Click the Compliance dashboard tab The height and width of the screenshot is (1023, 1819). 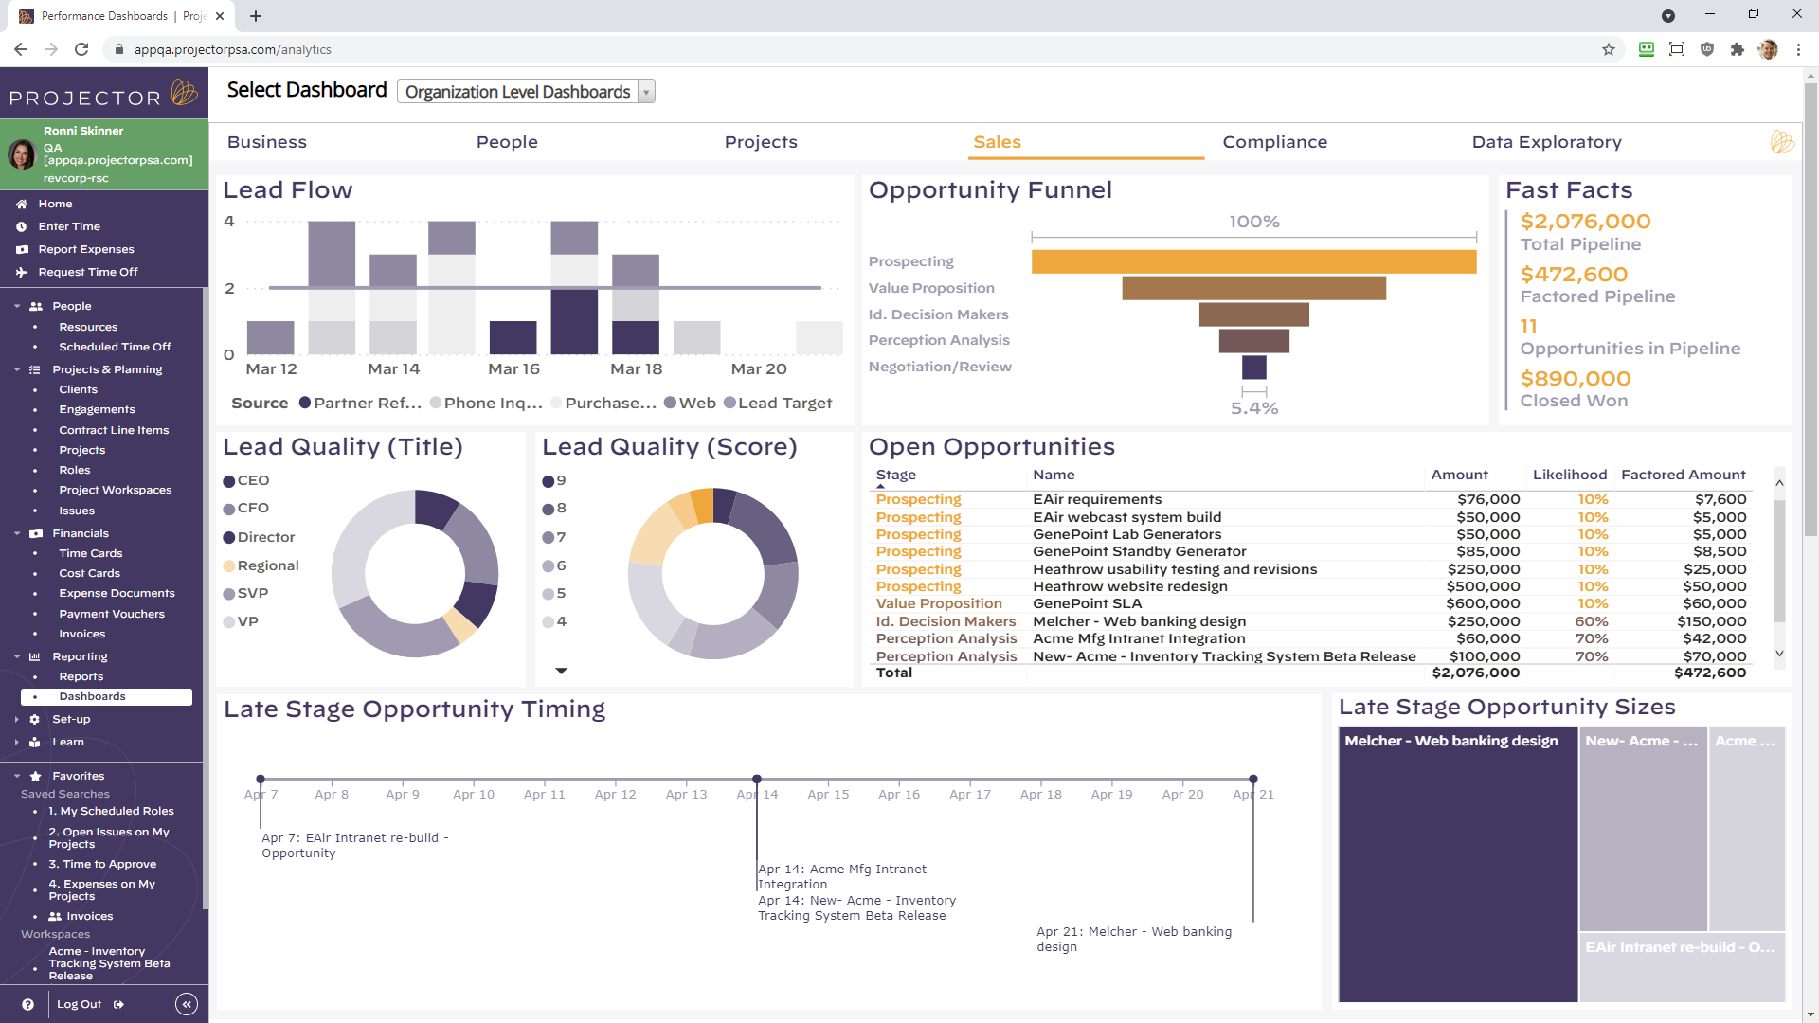pyautogui.click(x=1274, y=142)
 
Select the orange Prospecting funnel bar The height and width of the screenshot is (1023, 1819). pyautogui.click(x=1252, y=261)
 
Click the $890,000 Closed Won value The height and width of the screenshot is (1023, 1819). pyautogui.click(x=1575, y=379)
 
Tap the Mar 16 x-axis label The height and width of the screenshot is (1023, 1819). pyautogui.click(x=513, y=369)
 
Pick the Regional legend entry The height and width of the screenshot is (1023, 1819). pyautogui.click(x=267, y=565)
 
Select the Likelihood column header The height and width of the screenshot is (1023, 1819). pyautogui.click(x=1569, y=475)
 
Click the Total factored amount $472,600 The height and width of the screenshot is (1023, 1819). pyautogui.click(x=1709, y=673)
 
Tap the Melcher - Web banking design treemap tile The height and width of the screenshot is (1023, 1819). pyautogui.click(x=1457, y=862)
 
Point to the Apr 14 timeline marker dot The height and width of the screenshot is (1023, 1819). pyautogui.click(x=757, y=779)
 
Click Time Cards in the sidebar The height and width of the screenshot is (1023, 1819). pyautogui.click(x=90, y=553)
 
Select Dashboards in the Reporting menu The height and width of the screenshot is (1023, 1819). pyautogui.click(x=92, y=696)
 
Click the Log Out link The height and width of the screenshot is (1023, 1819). pyautogui.click(x=80, y=1004)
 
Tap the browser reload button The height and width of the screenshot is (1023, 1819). pyautogui.click(x=81, y=49)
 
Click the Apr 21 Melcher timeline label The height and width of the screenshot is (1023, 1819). pyautogui.click(x=1133, y=939)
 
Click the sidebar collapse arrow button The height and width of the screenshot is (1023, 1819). pyautogui.click(x=187, y=1004)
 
